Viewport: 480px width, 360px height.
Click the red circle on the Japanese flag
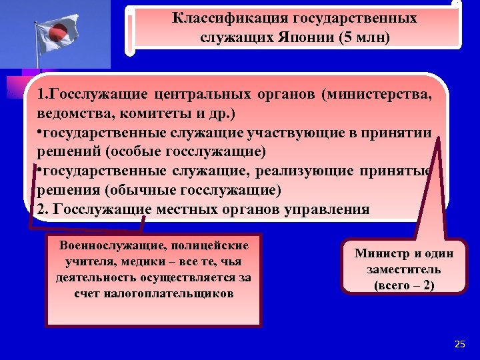[x=56, y=30]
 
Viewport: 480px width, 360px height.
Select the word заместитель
[x=403, y=270]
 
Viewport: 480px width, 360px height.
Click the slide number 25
[x=459, y=344]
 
